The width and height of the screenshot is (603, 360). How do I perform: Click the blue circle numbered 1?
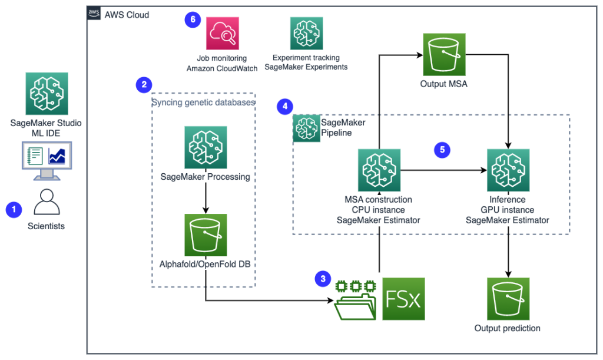click(14, 210)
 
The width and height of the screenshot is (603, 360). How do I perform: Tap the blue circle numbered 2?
click(144, 85)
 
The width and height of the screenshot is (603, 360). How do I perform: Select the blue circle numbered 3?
click(323, 279)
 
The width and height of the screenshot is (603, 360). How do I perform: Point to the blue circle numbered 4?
click(285, 107)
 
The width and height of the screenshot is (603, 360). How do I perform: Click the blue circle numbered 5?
click(442, 150)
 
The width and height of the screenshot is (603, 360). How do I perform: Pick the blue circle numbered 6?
click(193, 19)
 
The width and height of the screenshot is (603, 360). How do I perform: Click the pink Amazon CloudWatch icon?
click(222, 33)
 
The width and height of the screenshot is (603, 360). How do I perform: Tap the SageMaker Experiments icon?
click(306, 33)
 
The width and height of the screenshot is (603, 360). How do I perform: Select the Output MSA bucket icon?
click(444, 54)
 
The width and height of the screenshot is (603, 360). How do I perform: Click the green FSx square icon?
click(403, 299)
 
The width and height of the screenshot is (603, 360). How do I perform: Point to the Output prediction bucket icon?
click(508, 299)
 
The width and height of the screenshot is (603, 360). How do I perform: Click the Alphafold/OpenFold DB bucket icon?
click(206, 235)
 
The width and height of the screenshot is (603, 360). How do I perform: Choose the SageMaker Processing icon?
click(206, 147)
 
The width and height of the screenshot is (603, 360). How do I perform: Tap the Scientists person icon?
click(47, 202)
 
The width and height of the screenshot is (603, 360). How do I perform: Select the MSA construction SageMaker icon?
click(379, 170)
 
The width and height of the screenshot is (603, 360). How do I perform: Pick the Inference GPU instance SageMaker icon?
click(508, 170)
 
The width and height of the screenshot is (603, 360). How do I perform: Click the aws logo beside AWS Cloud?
click(94, 14)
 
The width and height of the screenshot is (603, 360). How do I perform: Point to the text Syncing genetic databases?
click(203, 103)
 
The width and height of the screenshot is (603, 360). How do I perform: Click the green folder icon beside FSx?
click(355, 300)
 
